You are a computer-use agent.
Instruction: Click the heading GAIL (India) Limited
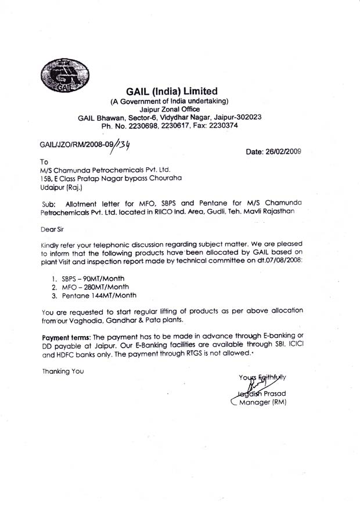[x=171, y=91]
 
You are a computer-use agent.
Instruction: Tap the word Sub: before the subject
[x=52, y=204]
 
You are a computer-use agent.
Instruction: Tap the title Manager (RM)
[x=262, y=401]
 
